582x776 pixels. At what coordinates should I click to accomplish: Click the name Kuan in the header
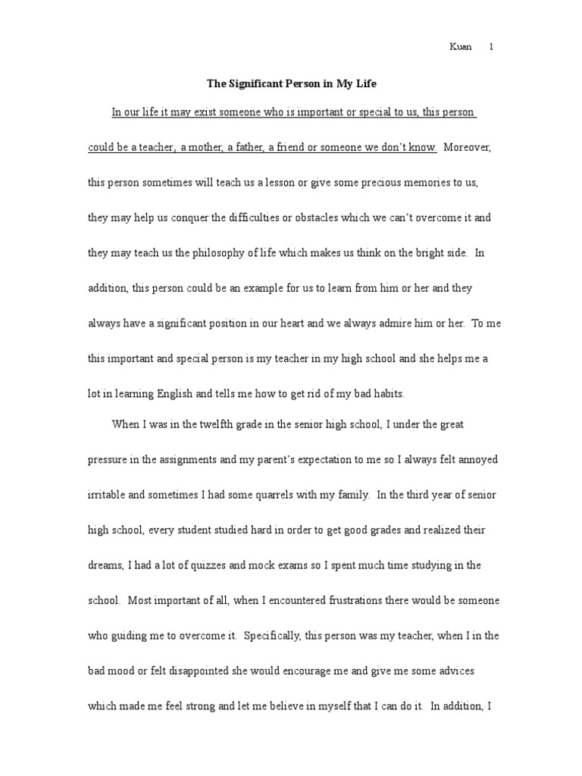pos(461,47)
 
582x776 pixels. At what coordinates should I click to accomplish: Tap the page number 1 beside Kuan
pos(491,47)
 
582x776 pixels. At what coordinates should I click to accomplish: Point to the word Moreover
pos(468,148)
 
